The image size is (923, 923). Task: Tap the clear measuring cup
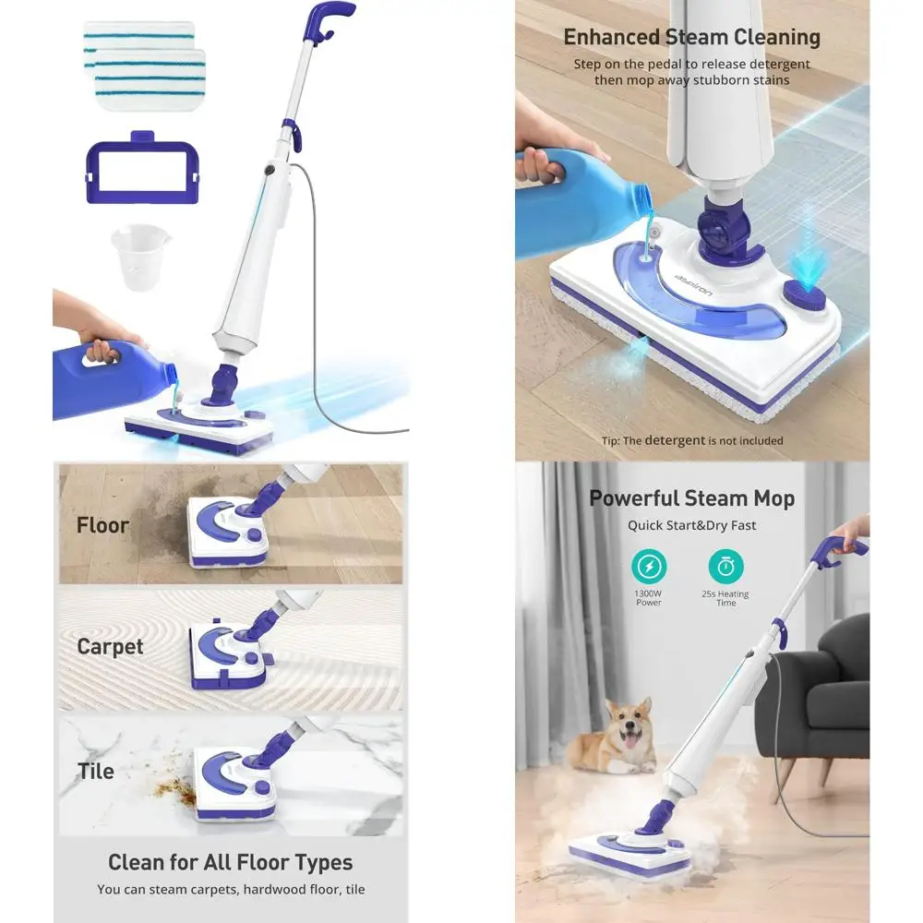pos(140,257)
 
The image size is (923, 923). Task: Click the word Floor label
pos(102,525)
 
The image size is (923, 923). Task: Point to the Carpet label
pos(110,647)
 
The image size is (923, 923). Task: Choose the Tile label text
pos(96,771)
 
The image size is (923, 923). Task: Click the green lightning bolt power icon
pos(649,565)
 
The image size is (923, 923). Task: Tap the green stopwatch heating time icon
pos(725,565)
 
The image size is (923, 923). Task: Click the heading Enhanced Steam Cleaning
pos(691,38)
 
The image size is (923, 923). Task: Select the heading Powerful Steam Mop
pos(691,498)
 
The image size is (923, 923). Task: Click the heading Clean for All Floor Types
pos(230,863)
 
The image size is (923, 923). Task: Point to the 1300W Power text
pos(649,598)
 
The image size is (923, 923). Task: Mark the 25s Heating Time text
pos(725,598)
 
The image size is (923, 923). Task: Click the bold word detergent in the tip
pos(676,440)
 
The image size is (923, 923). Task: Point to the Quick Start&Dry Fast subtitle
pos(691,525)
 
